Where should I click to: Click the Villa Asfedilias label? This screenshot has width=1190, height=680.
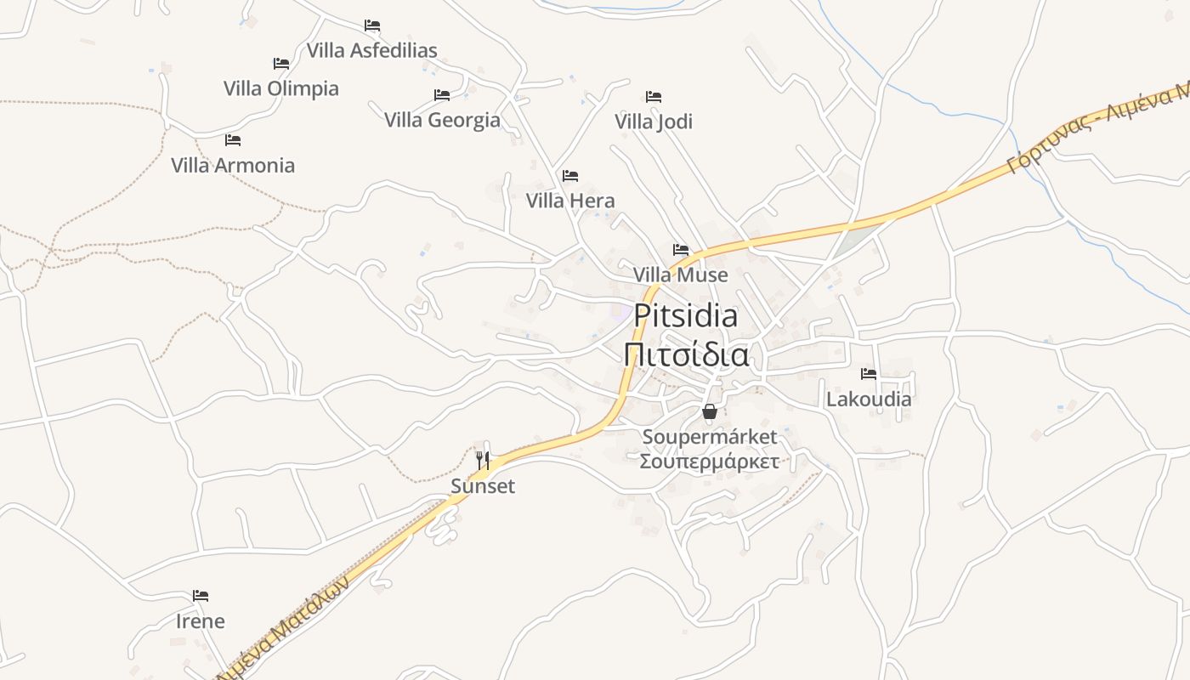[x=371, y=50]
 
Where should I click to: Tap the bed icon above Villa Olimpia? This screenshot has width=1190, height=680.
[x=281, y=64]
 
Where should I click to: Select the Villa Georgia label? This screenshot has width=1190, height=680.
[x=442, y=120]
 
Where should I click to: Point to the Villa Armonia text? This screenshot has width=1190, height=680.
[x=233, y=165]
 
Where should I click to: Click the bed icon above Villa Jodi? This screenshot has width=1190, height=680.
[x=654, y=97]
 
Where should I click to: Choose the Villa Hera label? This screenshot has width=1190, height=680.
[x=570, y=201]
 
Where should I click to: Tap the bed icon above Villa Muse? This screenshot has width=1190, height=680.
[x=681, y=250]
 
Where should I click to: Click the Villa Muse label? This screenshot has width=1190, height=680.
[x=680, y=275]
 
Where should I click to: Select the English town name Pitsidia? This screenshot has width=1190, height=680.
[x=686, y=315]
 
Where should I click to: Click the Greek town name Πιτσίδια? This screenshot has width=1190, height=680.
[x=686, y=354]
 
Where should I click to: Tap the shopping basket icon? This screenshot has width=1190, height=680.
[x=710, y=412]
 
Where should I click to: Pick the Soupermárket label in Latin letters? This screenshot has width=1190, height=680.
[x=710, y=437]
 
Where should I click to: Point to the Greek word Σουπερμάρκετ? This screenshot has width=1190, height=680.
[x=710, y=462]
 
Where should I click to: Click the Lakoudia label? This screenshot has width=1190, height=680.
[x=869, y=399]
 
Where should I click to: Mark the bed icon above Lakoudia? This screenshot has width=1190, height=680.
[x=869, y=373]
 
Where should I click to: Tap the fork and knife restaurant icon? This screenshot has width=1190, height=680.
[x=483, y=461]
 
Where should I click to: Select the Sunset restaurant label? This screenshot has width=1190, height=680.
[x=483, y=486]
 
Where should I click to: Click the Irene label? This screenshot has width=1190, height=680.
[x=201, y=621]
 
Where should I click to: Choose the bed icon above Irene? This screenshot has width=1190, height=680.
[x=201, y=596]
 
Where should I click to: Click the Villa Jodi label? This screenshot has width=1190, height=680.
[x=654, y=122]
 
